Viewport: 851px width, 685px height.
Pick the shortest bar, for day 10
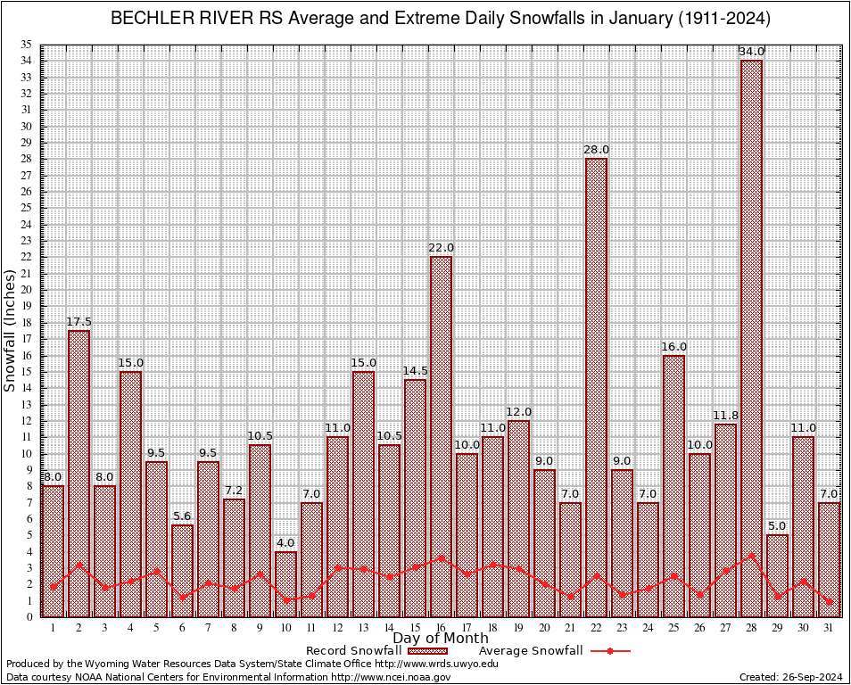[x=285, y=584]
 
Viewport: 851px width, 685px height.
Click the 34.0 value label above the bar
[x=751, y=52]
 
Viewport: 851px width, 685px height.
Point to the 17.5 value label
[x=78, y=322]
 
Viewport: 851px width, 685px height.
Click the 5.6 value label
[x=182, y=516]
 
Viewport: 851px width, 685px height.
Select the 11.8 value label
[x=725, y=416]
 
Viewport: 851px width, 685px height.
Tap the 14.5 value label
[x=415, y=371]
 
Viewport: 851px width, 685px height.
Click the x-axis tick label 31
[x=829, y=628]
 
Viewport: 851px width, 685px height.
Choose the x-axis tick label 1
[x=53, y=628]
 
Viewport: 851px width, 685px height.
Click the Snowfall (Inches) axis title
[x=10, y=330]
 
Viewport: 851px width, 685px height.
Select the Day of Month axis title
[x=441, y=639]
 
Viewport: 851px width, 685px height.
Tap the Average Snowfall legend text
[x=530, y=651]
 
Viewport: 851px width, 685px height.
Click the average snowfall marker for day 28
[x=751, y=555]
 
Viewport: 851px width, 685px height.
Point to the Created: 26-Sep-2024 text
[x=791, y=678]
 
